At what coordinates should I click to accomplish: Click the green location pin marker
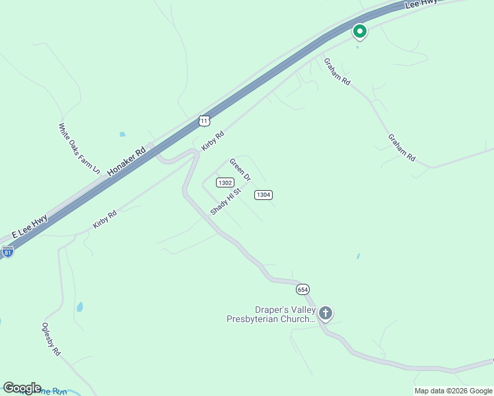coord(359,31)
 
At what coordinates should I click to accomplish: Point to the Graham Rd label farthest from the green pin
coord(402,148)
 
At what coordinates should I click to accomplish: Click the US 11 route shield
coord(204,120)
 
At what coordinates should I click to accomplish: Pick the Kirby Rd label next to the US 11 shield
coord(213,141)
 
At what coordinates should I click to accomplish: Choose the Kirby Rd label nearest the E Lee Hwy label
coord(105,219)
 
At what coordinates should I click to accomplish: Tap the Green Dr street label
coord(240,170)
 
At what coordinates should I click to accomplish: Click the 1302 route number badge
coord(225,183)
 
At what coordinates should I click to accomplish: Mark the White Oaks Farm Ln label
coord(79,148)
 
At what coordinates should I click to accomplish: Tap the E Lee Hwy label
coord(30,226)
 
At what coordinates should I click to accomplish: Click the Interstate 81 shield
coord(7,251)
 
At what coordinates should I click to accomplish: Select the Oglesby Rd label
coord(51,339)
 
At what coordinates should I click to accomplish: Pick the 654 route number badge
coord(302,289)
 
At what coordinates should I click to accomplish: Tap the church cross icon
coord(325,313)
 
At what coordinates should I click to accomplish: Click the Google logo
coord(22,388)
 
